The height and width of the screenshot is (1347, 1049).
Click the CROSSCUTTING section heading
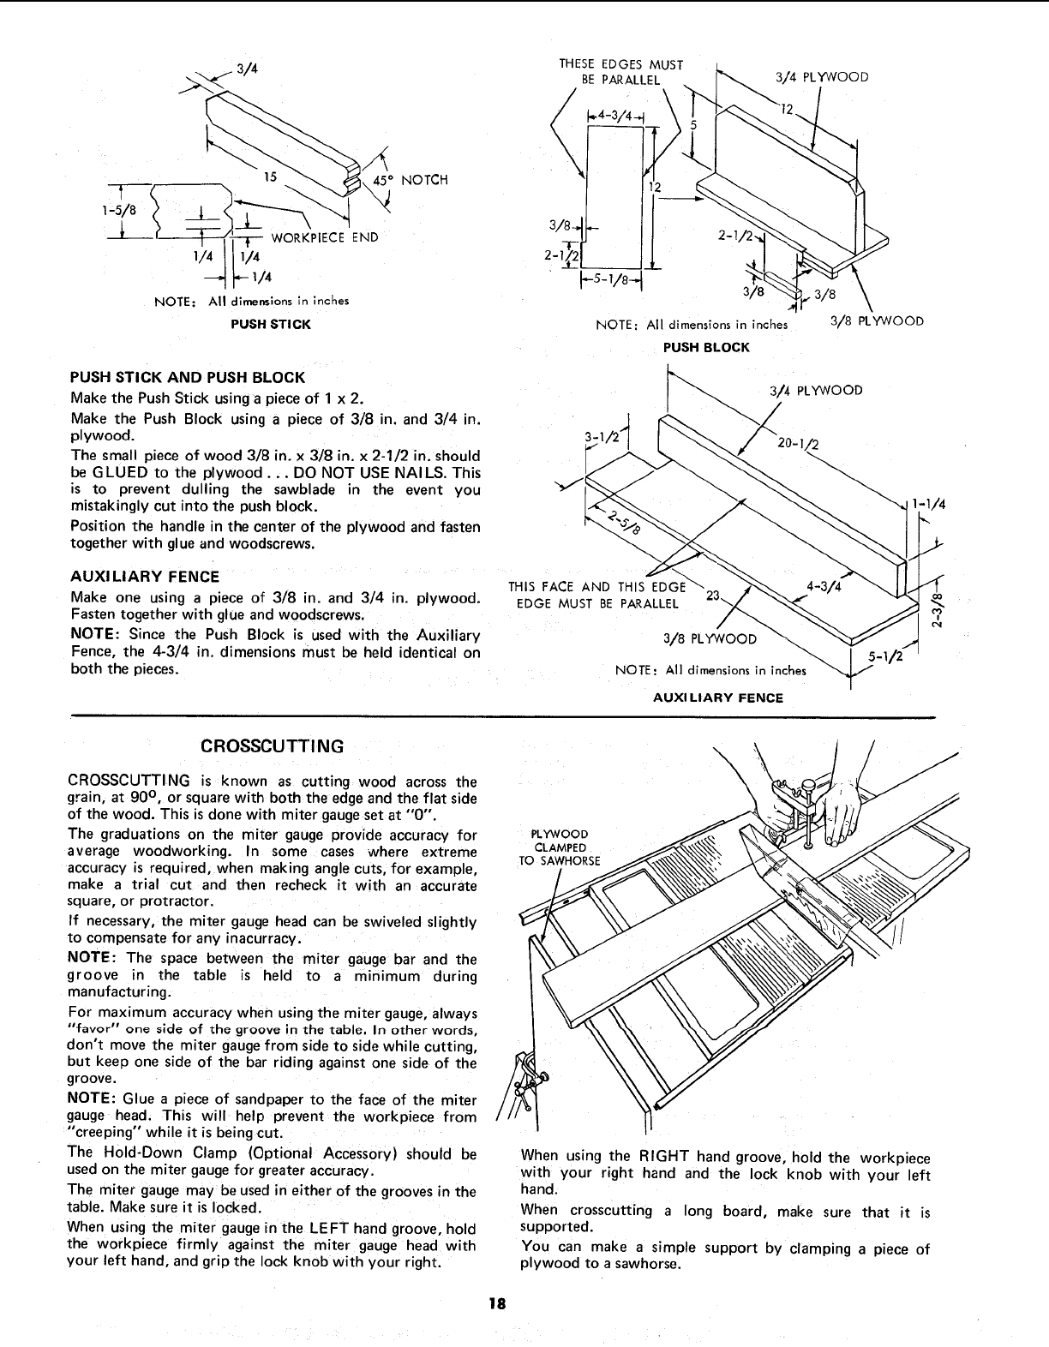272,745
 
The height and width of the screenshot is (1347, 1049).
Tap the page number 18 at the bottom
495,1304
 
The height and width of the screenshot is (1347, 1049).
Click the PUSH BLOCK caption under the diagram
706,347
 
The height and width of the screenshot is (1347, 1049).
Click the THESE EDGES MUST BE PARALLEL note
620,72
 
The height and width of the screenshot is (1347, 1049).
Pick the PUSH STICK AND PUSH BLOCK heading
187,378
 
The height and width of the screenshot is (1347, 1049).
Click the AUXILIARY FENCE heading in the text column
144,577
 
